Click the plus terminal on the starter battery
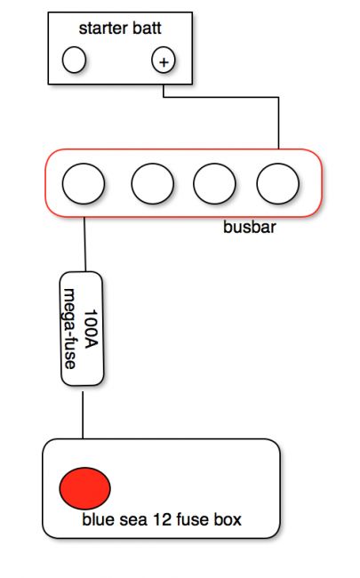[x=164, y=60]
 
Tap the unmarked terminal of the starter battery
[x=74, y=60]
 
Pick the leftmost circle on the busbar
[x=84, y=183]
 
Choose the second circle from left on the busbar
[x=153, y=183]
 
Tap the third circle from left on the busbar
[x=214, y=183]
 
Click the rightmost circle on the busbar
[x=278, y=183]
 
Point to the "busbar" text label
[x=250, y=227]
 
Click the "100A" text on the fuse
[x=92, y=329]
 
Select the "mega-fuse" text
[x=69, y=328]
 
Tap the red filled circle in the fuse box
[x=84, y=488]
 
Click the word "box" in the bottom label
[x=228, y=519]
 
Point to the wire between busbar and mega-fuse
[x=84, y=245]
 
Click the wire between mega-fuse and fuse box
[x=83, y=415]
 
